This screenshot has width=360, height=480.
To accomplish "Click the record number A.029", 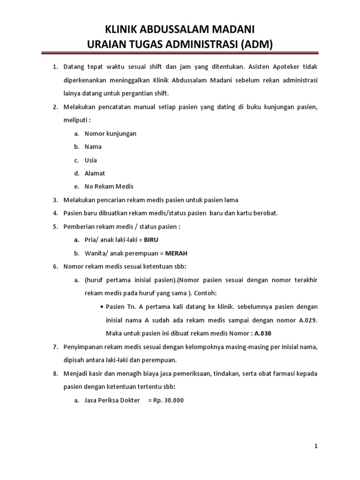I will (307, 320).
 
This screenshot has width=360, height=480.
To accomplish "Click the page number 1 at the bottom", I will (316, 446).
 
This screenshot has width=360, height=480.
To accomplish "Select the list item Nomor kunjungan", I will (111, 134).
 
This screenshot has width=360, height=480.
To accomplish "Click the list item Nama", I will (93, 147).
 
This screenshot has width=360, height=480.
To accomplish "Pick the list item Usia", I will (91, 160).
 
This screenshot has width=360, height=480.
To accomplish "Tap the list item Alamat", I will (95, 173).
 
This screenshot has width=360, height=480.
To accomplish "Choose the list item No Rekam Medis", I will (109, 187).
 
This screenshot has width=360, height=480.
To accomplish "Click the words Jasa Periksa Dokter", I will (112, 400).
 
